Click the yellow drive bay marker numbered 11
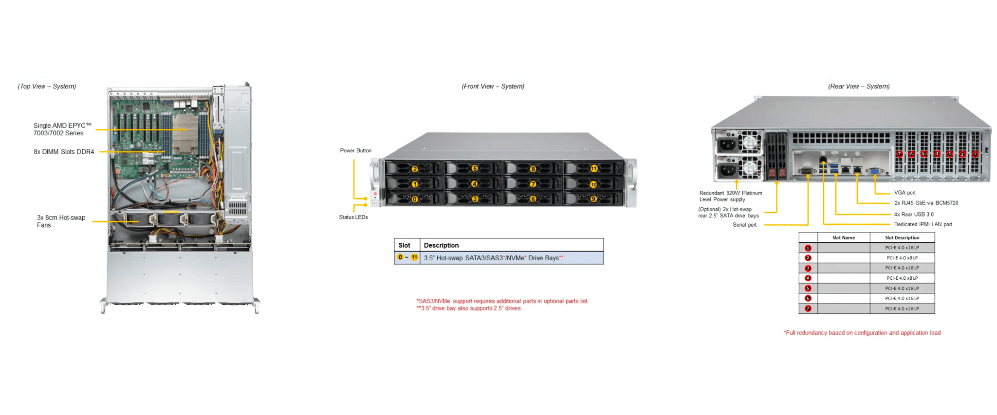click(594, 169)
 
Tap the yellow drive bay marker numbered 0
click(415, 199)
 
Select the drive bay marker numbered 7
click(533, 184)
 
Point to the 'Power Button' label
click(355, 151)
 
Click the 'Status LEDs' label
click(353, 217)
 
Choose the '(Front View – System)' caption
click(493, 87)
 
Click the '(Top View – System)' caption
click(47, 87)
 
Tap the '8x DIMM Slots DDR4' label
click(64, 152)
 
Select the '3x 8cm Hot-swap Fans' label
click(61, 221)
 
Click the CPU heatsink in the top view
click(185, 133)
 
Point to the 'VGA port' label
click(905, 193)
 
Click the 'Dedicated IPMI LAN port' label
click(923, 224)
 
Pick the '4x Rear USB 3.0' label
click(914, 214)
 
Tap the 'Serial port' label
click(744, 225)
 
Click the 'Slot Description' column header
click(902, 238)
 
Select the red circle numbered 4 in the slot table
click(808, 278)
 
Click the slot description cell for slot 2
click(902, 258)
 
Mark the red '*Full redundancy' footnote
click(862, 333)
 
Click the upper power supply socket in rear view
click(727, 144)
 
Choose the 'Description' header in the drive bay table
click(441, 245)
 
